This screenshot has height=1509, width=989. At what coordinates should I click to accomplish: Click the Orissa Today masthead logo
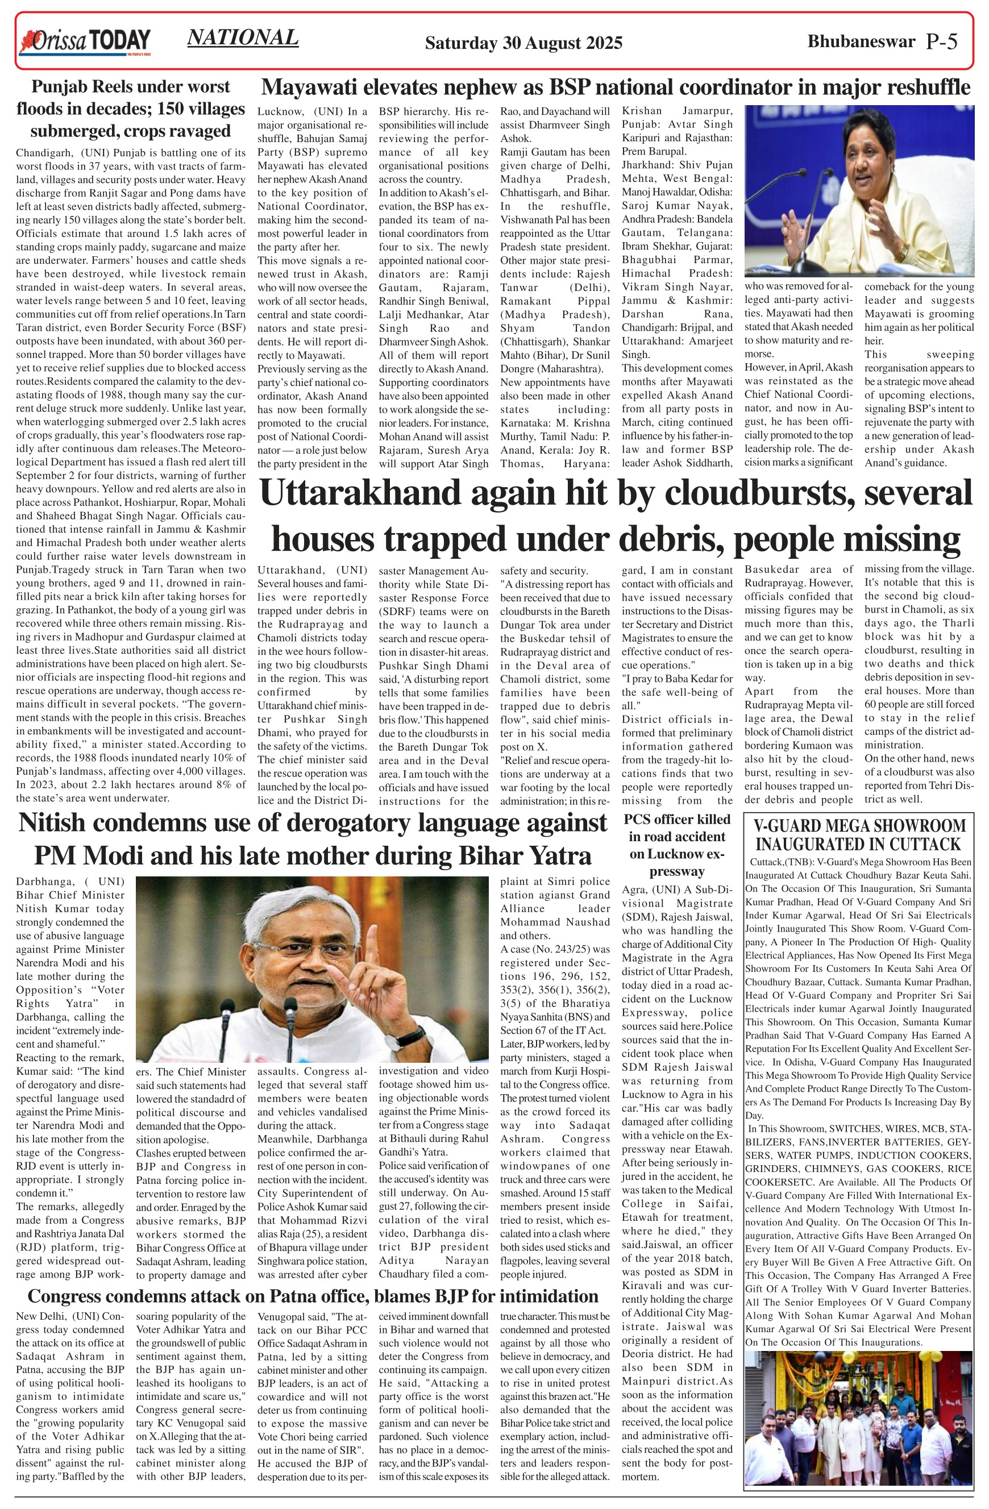pyautogui.click(x=85, y=41)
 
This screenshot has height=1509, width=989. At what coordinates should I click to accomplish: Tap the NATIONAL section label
pyautogui.click(x=243, y=38)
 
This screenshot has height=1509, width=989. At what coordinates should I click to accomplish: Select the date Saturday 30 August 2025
pyautogui.click(x=523, y=43)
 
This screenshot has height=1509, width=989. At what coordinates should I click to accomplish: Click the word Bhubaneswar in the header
pyautogui.click(x=861, y=42)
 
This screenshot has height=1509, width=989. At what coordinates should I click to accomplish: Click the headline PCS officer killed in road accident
pyautogui.click(x=677, y=845)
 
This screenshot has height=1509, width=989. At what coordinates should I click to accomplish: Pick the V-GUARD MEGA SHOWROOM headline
pyautogui.click(x=859, y=834)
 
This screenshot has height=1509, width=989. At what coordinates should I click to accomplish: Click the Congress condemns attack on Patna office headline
pyautogui.click(x=313, y=1296)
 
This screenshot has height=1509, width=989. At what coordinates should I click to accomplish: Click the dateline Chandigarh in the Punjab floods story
pyautogui.click(x=43, y=153)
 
